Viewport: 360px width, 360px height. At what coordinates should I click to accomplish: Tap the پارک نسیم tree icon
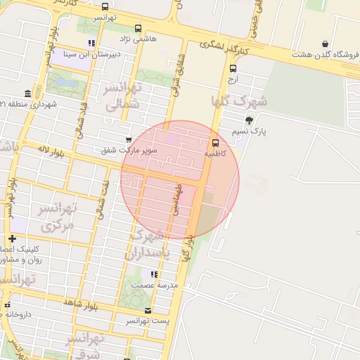pyautogui.click(x=249, y=120)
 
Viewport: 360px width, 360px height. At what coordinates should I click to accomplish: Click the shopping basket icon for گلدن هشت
pyautogui.click(x=324, y=43)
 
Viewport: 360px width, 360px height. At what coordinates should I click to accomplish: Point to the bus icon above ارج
pyautogui.click(x=233, y=68)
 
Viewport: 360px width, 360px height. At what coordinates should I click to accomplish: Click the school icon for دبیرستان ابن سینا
pyautogui.click(x=91, y=43)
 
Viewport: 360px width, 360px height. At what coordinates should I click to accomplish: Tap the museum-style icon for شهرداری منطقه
pyautogui.click(x=27, y=94)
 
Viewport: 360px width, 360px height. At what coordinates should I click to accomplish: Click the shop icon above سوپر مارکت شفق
pyautogui.click(x=127, y=140)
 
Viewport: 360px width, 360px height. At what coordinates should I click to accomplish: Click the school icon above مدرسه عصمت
pyautogui.click(x=154, y=274)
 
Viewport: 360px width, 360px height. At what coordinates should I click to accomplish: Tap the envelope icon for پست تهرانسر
pyautogui.click(x=147, y=310)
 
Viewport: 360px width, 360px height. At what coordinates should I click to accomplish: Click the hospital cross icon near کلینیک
pyautogui.click(x=12, y=239)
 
